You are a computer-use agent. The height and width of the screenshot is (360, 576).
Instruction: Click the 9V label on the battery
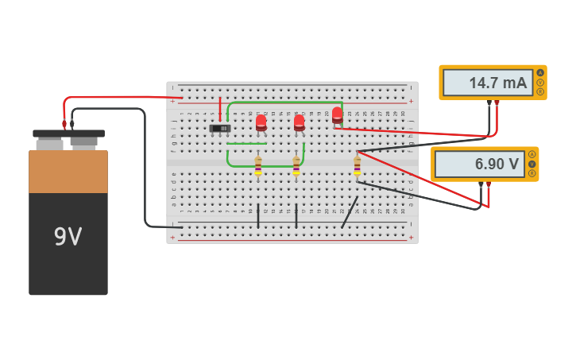(68, 237)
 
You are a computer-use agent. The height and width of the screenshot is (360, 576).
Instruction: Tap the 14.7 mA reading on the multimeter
(488, 83)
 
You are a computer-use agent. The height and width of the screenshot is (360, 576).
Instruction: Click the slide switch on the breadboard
(220, 128)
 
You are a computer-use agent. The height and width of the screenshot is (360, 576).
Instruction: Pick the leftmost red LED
(261, 122)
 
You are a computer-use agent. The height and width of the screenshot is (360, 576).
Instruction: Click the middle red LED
(299, 122)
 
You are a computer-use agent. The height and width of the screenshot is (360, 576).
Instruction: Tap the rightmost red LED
(337, 114)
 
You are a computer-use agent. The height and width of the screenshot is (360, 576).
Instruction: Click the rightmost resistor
(357, 167)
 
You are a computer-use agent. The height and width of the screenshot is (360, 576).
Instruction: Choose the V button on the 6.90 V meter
(532, 164)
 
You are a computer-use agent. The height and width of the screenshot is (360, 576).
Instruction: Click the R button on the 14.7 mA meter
(540, 91)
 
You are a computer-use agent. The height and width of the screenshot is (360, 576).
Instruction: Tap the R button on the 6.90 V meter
(532, 173)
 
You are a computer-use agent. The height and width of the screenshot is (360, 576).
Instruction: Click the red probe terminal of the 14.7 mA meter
(497, 103)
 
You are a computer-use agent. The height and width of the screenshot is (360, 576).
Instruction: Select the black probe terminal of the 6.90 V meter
(481, 184)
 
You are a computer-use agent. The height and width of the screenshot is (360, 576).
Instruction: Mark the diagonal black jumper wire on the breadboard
(349, 213)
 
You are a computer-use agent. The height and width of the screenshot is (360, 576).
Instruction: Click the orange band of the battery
(68, 172)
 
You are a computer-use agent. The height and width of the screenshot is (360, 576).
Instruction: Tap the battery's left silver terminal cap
(49, 144)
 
